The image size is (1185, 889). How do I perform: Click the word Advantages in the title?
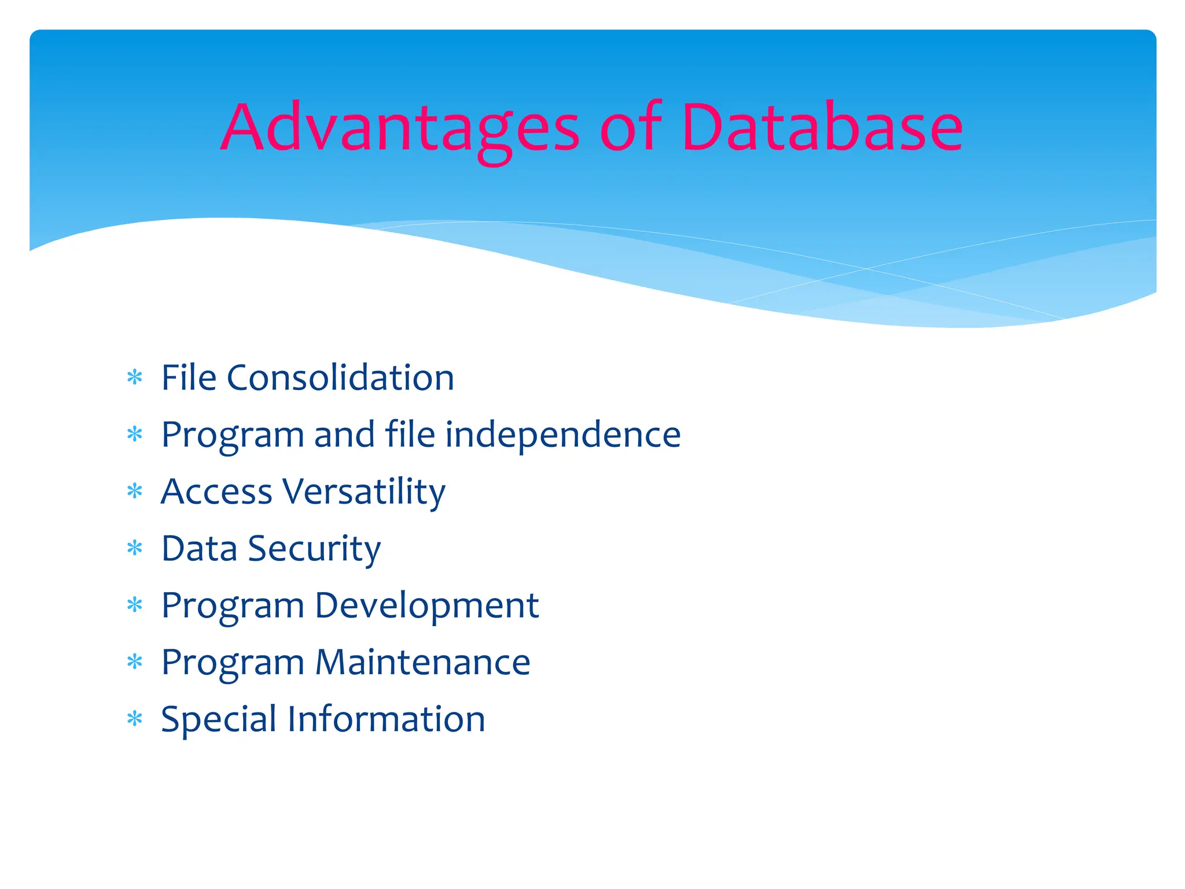pos(400,128)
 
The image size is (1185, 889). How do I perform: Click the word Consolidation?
pos(340,378)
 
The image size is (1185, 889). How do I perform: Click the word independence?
pos(562,435)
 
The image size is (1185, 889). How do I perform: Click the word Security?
pos(314,549)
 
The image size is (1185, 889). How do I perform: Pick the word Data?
pos(199,549)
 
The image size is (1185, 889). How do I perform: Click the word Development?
pos(426,605)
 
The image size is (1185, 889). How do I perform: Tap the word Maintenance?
pos(422,662)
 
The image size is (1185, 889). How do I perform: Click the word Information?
pos(386,719)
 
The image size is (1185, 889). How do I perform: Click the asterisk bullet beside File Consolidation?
pos(135,378)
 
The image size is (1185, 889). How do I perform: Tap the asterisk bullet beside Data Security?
pos(135,548)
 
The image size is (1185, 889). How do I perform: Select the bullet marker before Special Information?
pos(135,719)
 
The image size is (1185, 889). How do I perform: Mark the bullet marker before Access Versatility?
pos(135,491)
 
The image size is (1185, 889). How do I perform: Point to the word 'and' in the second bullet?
pos(344,435)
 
